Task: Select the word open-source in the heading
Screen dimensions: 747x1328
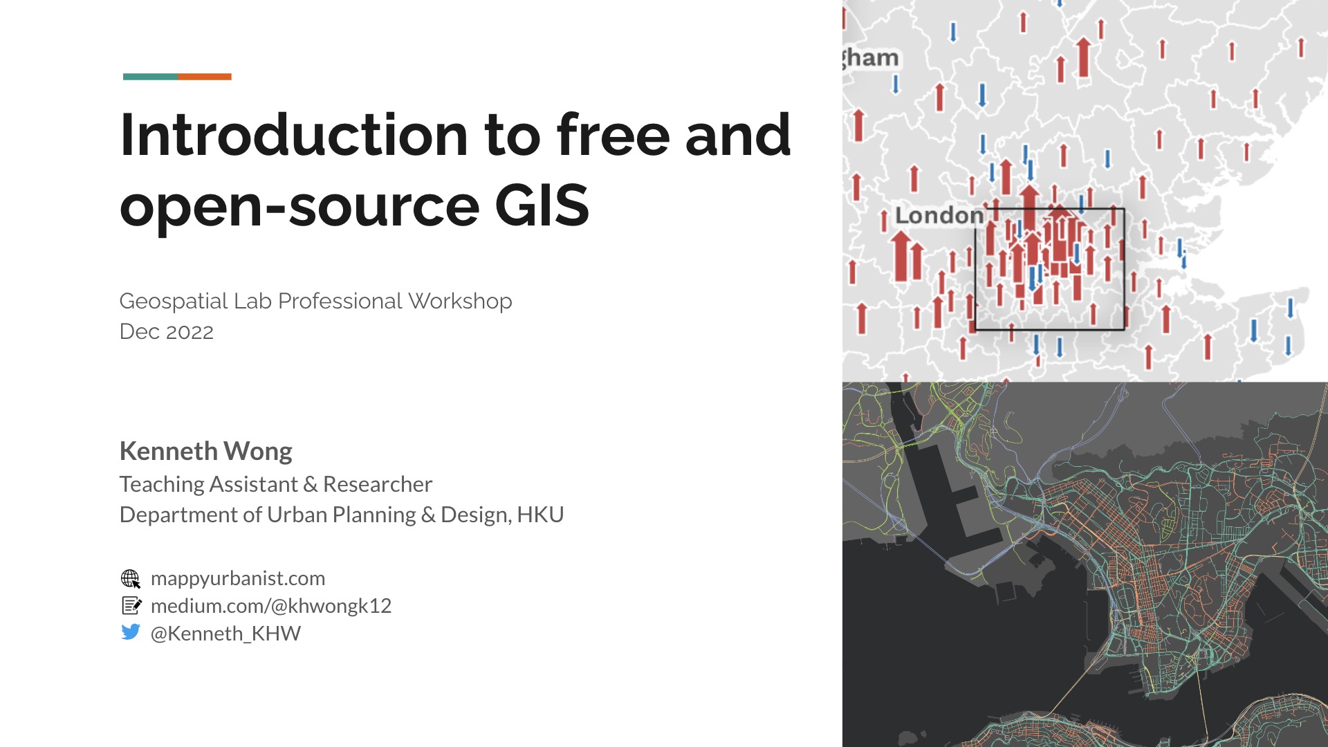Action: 299,207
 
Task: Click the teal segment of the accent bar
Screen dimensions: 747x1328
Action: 150,77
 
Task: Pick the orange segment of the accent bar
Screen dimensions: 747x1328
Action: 205,77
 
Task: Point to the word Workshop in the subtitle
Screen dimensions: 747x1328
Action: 460,302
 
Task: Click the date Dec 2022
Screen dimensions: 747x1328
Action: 167,332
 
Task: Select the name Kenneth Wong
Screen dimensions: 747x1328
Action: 206,451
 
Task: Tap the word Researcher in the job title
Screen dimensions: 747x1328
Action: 378,484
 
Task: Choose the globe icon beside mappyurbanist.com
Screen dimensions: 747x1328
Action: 130,578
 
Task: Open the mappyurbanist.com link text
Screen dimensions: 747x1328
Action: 238,578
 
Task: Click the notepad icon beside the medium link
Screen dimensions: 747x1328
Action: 131,606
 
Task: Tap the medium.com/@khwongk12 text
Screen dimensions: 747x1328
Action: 271,606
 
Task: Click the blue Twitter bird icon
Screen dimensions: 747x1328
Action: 130,632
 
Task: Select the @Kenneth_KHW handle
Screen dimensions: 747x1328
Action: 226,634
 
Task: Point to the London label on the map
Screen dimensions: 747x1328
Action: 939,216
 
